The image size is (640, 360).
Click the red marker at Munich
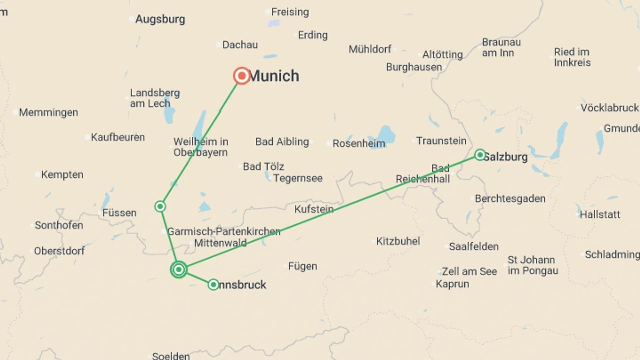(x=242, y=76)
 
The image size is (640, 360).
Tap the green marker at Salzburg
(x=480, y=155)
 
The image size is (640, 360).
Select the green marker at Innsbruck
(x=213, y=285)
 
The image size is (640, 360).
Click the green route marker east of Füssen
(x=160, y=206)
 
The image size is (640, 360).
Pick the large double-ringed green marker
(x=179, y=269)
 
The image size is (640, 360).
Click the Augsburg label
(x=160, y=19)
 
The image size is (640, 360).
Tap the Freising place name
(x=290, y=12)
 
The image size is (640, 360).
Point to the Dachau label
(x=240, y=45)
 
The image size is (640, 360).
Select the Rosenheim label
(x=359, y=144)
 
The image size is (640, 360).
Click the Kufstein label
(x=314, y=209)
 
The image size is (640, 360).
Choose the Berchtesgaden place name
(x=510, y=199)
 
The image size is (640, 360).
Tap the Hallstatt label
(x=600, y=214)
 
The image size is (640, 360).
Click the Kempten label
(x=62, y=175)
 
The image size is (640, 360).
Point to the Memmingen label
(x=48, y=113)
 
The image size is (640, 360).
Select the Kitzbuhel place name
(x=398, y=241)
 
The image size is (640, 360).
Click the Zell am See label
(x=469, y=271)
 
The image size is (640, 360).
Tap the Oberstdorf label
(x=59, y=251)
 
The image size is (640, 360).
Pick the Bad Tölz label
(x=263, y=166)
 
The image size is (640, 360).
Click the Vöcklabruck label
(x=609, y=108)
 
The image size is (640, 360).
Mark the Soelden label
(x=171, y=356)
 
